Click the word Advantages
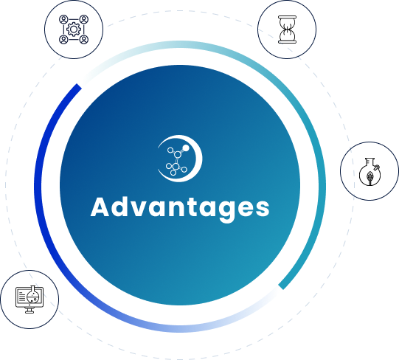(180, 208)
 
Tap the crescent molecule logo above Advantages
(180, 159)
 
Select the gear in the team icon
(74, 30)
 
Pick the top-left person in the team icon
(63, 19)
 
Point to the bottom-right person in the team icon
(84, 40)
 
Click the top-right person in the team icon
(84, 19)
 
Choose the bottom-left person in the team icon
(63, 40)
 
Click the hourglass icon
(287, 30)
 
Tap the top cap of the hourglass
(287, 17)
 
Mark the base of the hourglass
(287, 42)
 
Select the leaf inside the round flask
(369, 176)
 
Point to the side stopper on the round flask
(377, 168)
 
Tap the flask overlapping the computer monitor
(33, 295)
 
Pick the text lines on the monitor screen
(22, 297)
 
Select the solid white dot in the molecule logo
(186, 148)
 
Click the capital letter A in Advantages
(100, 207)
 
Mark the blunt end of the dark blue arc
(79, 86)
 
